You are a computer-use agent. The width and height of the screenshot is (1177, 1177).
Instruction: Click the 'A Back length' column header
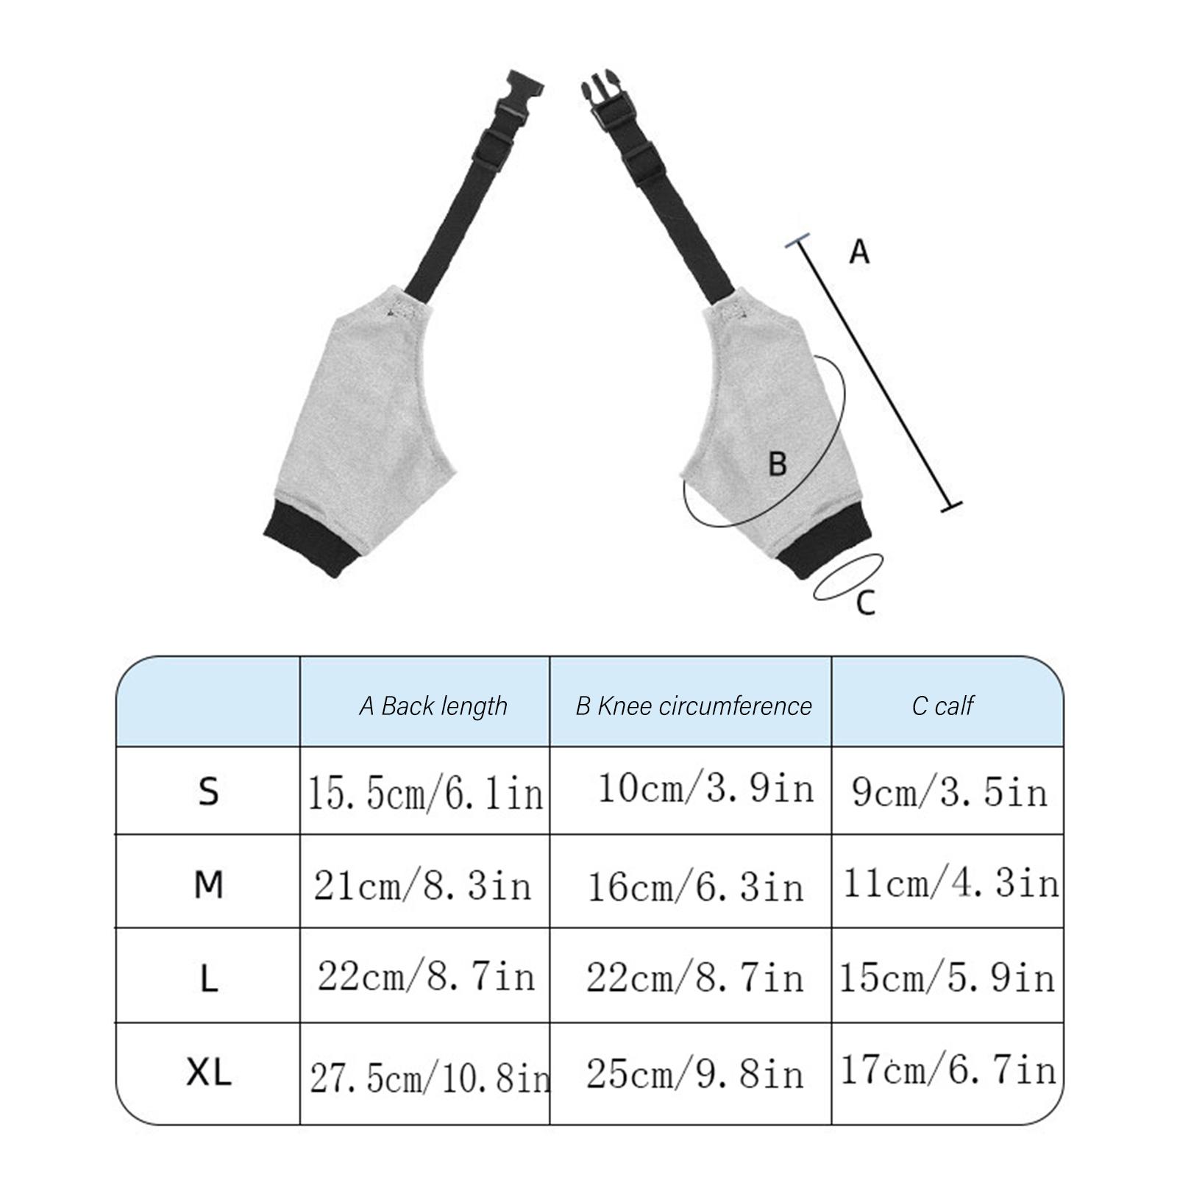coord(433,706)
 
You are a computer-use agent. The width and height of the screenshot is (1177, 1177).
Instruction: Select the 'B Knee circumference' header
coord(694,706)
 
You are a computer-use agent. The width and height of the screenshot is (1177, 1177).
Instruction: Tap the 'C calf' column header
coord(942,706)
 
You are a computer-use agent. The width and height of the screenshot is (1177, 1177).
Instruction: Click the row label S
coord(209,792)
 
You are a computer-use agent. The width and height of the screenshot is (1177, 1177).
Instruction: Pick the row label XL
coord(209,1073)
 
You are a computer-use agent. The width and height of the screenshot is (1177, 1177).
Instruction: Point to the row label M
coord(209,884)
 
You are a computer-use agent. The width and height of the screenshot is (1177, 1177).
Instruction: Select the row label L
coord(209,979)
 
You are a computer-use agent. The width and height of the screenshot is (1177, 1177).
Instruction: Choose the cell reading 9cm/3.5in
coord(949,792)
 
